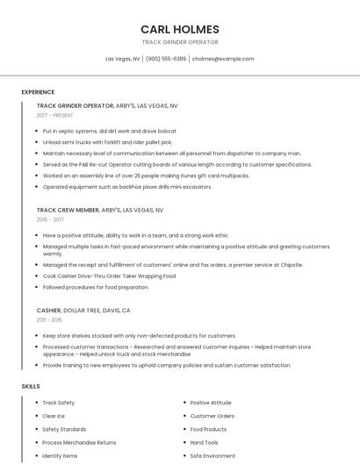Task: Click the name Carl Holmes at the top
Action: click(x=180, y=29)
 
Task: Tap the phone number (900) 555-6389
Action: click(x=166, y=59)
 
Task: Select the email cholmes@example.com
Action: click(x=223, y=59)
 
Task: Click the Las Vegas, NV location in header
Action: click(x=123, y=59)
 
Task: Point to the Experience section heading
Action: click(x=38, y=92)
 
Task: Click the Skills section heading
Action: click(x=31, y=386)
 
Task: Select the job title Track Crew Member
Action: click(x=68, y=211)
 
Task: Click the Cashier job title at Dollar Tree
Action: click(x=48, y=311)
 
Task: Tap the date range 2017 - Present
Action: click(x=54, y=115)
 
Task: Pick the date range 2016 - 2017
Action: click(x=50, y=219)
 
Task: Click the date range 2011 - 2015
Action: click(x=50, y=320)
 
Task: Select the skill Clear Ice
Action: click(x=54, y=416)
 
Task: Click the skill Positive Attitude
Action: click(x=211, y=403)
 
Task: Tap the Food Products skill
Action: click(x=208, y=429)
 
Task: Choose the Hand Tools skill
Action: click(x=204, y=443)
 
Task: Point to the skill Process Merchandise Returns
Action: click(x=79, y=443)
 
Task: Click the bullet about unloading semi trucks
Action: click(x=107, y=141)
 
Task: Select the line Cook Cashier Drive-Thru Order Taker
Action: click(x=109, y=275)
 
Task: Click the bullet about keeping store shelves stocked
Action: click(x=139, y=335)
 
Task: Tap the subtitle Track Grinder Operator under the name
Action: click(x=180, y=42)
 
